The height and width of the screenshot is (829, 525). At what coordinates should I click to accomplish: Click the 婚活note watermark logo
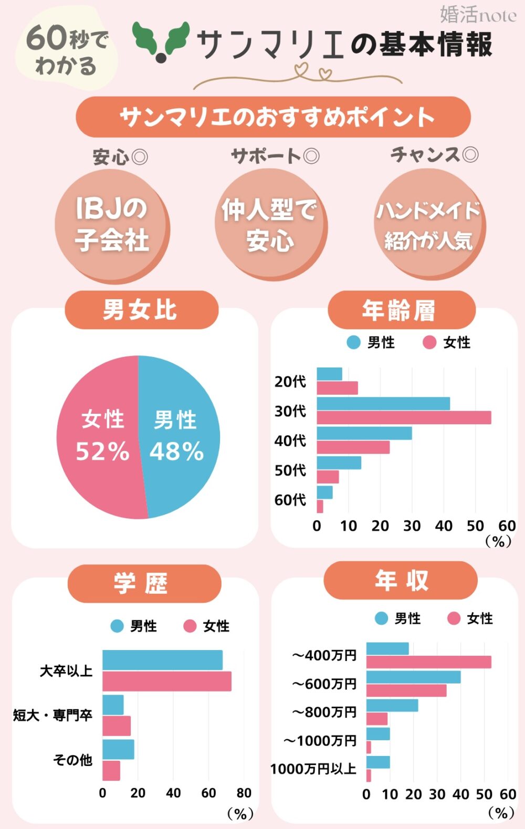click(478, 15)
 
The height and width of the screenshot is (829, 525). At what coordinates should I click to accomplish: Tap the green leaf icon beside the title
click(161, 40)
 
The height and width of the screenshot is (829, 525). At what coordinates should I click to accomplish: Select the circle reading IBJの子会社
click(112, 225)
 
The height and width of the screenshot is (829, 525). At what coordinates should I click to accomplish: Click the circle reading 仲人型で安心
click(270, 225)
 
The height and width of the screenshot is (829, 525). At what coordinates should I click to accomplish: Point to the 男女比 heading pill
click(141, 310)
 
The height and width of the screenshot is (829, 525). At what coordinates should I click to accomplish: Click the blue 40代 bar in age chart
click(364, 433)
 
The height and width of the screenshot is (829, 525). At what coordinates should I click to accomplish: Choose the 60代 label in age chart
click(290, 500)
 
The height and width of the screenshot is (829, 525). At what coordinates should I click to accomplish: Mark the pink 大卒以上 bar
click(166, 681)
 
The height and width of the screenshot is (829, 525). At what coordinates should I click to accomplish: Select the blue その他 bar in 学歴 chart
click(118, 749)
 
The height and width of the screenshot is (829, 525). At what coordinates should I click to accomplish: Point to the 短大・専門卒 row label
click(52, 715)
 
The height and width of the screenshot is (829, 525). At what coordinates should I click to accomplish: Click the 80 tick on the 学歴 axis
click(244, 793)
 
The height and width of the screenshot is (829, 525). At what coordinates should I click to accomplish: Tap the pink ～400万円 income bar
click(428, 662)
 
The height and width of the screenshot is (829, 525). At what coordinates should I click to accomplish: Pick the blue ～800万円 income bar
click(392, 705)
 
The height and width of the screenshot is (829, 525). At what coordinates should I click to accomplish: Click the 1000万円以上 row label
click(313, 769)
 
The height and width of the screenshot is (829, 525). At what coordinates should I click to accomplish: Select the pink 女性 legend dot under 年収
click(454, 618)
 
